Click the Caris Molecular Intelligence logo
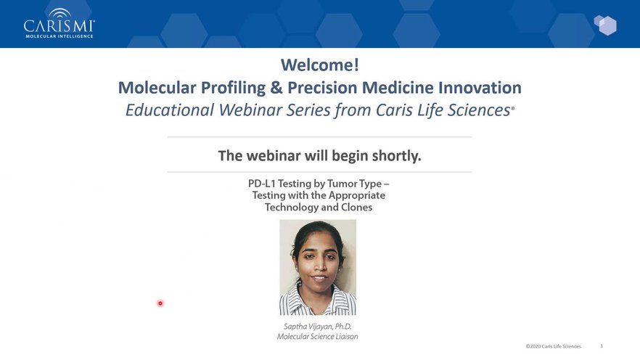(60, 24)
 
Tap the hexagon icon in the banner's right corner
(605, 25)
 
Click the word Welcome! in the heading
(320, 65)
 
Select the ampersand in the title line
(276, 88)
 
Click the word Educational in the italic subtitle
(169, 110)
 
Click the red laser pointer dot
(160, 303)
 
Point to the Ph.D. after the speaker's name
(343, 327)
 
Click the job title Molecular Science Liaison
(318, 337)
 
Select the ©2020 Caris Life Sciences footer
(553, 346)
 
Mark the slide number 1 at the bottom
(602, 346)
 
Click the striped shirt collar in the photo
(318, 300)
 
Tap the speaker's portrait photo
(318, 267)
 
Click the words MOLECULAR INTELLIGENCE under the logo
(60, 36)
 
